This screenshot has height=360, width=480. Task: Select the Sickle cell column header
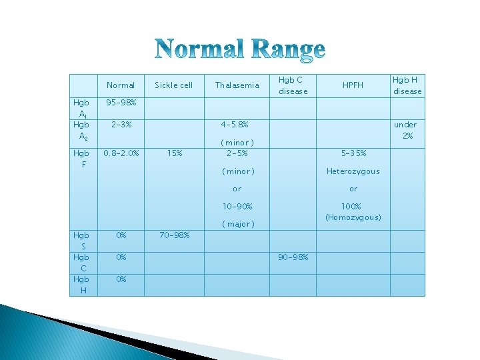click(x=173, y=85)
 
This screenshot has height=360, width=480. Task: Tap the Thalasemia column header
click(x=237, y=85)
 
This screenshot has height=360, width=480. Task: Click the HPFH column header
click(x=353, y=85)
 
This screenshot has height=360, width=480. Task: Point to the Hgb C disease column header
click(x=293, y=85)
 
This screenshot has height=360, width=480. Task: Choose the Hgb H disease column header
click(x=407, y=85)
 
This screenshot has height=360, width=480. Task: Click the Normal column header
click(x=121, y=85)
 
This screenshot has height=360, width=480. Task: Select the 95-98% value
click(x=121, y=103)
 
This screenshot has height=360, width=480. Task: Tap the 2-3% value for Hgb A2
click(x=121, y=124)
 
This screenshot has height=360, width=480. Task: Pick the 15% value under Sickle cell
click(x=175, y=153)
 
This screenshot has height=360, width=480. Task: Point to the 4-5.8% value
click(x=237, y=124)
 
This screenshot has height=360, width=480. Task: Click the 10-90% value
click(x=237, y=207)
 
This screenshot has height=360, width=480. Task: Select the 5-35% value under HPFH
click(x=353, y=153)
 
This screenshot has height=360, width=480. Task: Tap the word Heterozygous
click(x=353, y=171)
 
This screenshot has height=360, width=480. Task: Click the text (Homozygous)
click(x=353, y=217)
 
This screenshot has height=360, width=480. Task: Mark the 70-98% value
click(x=174, y=235)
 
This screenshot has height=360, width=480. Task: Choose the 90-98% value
click(x=293, y=257)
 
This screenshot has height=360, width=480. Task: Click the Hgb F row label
click(x=81, y=157)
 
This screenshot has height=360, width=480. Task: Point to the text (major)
click(x=237, y=224)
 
